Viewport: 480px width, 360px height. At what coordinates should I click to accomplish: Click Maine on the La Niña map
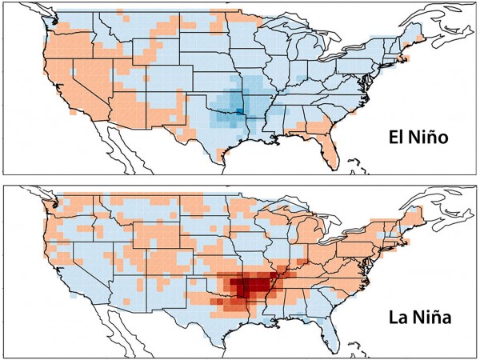(x=415, y=211)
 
